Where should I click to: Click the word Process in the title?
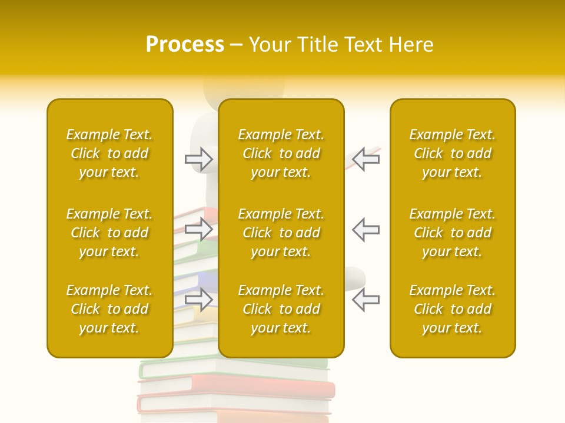pos(185,45)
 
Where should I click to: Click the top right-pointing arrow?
pos(198,159)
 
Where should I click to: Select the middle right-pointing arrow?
pos(198,229)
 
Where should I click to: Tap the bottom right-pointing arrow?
pos(198,299)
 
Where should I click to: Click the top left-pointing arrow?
pos(366,159)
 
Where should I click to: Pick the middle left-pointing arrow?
pos(366,229)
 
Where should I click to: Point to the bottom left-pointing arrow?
pos(366,299)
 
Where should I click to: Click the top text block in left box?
pos(109,153)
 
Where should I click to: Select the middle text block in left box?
pos(109,233)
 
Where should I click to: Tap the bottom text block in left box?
pos(109,309)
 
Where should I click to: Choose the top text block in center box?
pos(281,153)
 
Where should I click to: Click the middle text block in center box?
pos(281,233)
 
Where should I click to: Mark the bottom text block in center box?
pos(281,309)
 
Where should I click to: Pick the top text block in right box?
pos(453,153)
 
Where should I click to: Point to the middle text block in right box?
pos(453,233)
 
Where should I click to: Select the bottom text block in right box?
pos(453,309)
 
